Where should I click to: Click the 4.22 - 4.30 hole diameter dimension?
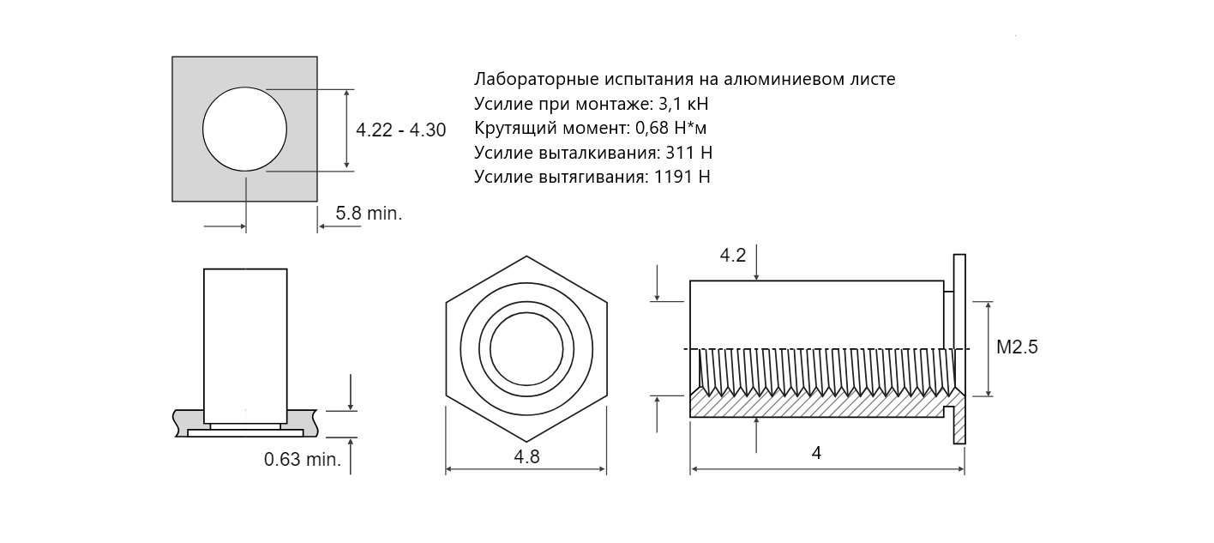(x=400, y=130)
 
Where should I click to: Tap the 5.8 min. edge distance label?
(x=369, y=214)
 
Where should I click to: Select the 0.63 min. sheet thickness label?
(x=303, y=460)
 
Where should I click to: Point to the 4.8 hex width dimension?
(x=526, y=456)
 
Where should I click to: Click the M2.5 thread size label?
(x=1017, y=347)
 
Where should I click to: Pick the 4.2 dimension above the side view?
(x=733, y=255)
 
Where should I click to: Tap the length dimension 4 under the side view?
(x=816, y=453)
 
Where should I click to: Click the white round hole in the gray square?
(x=244, y=130)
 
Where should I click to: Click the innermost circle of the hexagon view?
(x=526, y=349)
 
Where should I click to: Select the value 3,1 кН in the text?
(x=683, y=104)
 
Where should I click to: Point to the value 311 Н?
(x=688, y=153)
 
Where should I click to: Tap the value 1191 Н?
(x=682, y=177)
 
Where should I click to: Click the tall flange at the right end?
(x=959, y=349)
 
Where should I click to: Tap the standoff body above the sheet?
(x=245, y=346)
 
